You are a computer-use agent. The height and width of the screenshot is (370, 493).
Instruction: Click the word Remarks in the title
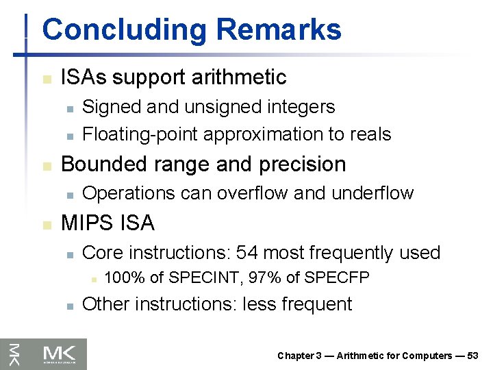coord(279,30)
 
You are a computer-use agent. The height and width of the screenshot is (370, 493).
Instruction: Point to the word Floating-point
coord(141,134)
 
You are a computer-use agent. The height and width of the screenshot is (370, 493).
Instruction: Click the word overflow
coord(255,193)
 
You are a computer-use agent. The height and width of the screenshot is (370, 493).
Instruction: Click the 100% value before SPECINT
coord(125,277)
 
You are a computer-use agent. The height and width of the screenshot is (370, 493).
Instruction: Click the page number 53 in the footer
coord(472,356)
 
